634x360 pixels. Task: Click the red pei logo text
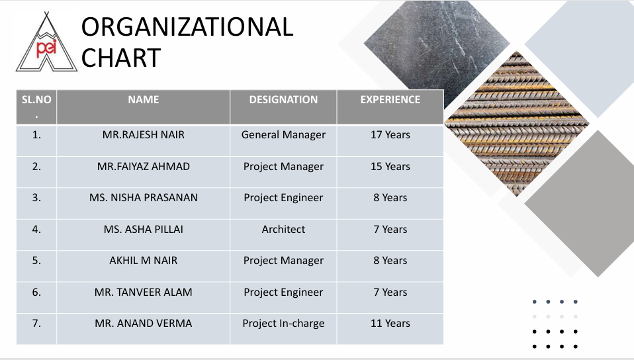(46, 48)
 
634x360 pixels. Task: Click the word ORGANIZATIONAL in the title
(187, 27)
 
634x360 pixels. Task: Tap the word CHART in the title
(121, 58)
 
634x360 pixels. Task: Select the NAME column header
(144, 99)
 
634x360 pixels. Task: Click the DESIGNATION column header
(283, 99)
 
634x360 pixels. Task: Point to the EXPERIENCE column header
(390, 99)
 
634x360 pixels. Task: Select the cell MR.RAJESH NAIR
(144, 135)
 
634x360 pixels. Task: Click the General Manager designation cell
(283, 135)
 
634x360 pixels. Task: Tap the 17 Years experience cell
(390, 135)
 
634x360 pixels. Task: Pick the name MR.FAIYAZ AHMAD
(144, 166)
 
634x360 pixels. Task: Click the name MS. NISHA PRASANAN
(144, 197)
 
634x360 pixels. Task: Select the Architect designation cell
(283, 230)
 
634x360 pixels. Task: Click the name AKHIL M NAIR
(144, 261)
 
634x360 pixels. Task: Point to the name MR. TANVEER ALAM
(144, 292)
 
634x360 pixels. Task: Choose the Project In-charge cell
(283, 324)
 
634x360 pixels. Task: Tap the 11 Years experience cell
(390, 323)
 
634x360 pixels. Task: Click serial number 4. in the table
(36, 230)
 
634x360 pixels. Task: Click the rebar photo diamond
(517, 123)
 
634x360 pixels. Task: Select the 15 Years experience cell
(390, 166)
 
